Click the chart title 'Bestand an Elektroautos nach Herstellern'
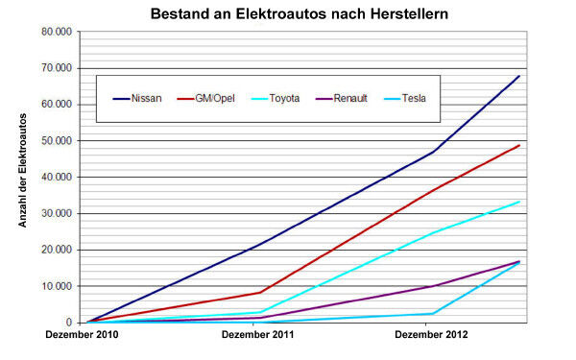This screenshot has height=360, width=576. [287, 14]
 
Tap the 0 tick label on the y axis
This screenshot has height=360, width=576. [69, 323]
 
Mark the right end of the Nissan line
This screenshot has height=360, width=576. [519, 76]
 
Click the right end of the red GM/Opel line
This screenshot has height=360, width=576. [519, 145]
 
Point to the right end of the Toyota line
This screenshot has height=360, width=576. [519, 202]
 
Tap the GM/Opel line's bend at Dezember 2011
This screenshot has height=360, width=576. [260, 292]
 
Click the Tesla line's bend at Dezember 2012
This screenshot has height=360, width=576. [434, 313]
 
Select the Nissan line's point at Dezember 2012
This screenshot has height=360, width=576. [434, 152]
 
